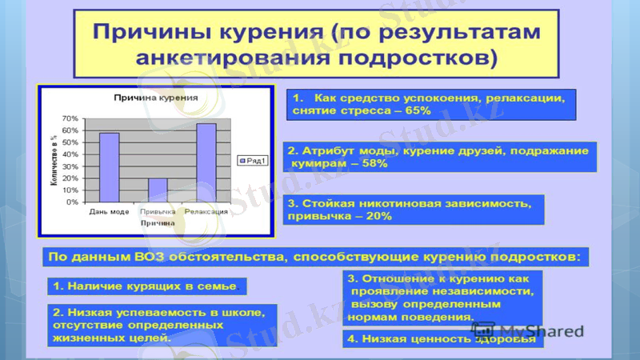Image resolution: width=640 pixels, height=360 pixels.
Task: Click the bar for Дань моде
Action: [109, 167]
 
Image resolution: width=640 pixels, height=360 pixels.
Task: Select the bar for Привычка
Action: [158, 190]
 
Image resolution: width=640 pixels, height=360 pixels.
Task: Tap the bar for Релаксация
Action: [206, 162]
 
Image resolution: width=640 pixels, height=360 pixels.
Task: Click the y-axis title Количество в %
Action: [54, 160]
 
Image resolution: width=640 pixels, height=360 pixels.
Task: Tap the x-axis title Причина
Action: [158, 223]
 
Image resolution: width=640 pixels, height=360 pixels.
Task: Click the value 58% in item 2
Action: [371, 163]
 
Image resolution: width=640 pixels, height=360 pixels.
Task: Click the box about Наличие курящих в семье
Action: [145, 286]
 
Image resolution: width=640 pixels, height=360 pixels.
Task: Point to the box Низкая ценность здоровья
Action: [441, 339]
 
